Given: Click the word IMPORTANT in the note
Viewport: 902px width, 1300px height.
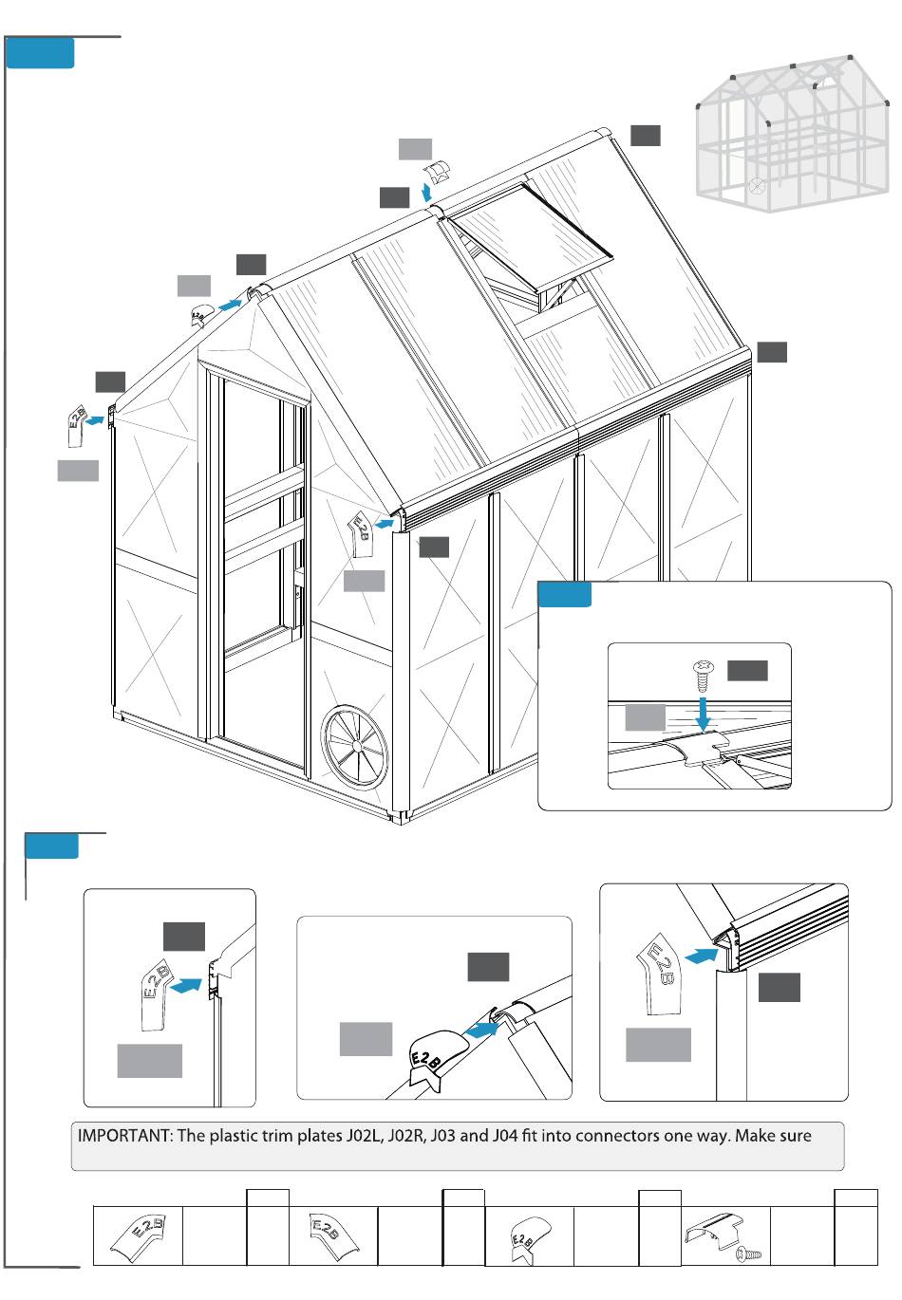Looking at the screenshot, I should tap(122, 1136).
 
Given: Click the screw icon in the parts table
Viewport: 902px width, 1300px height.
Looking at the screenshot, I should tap(749, 1254).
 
